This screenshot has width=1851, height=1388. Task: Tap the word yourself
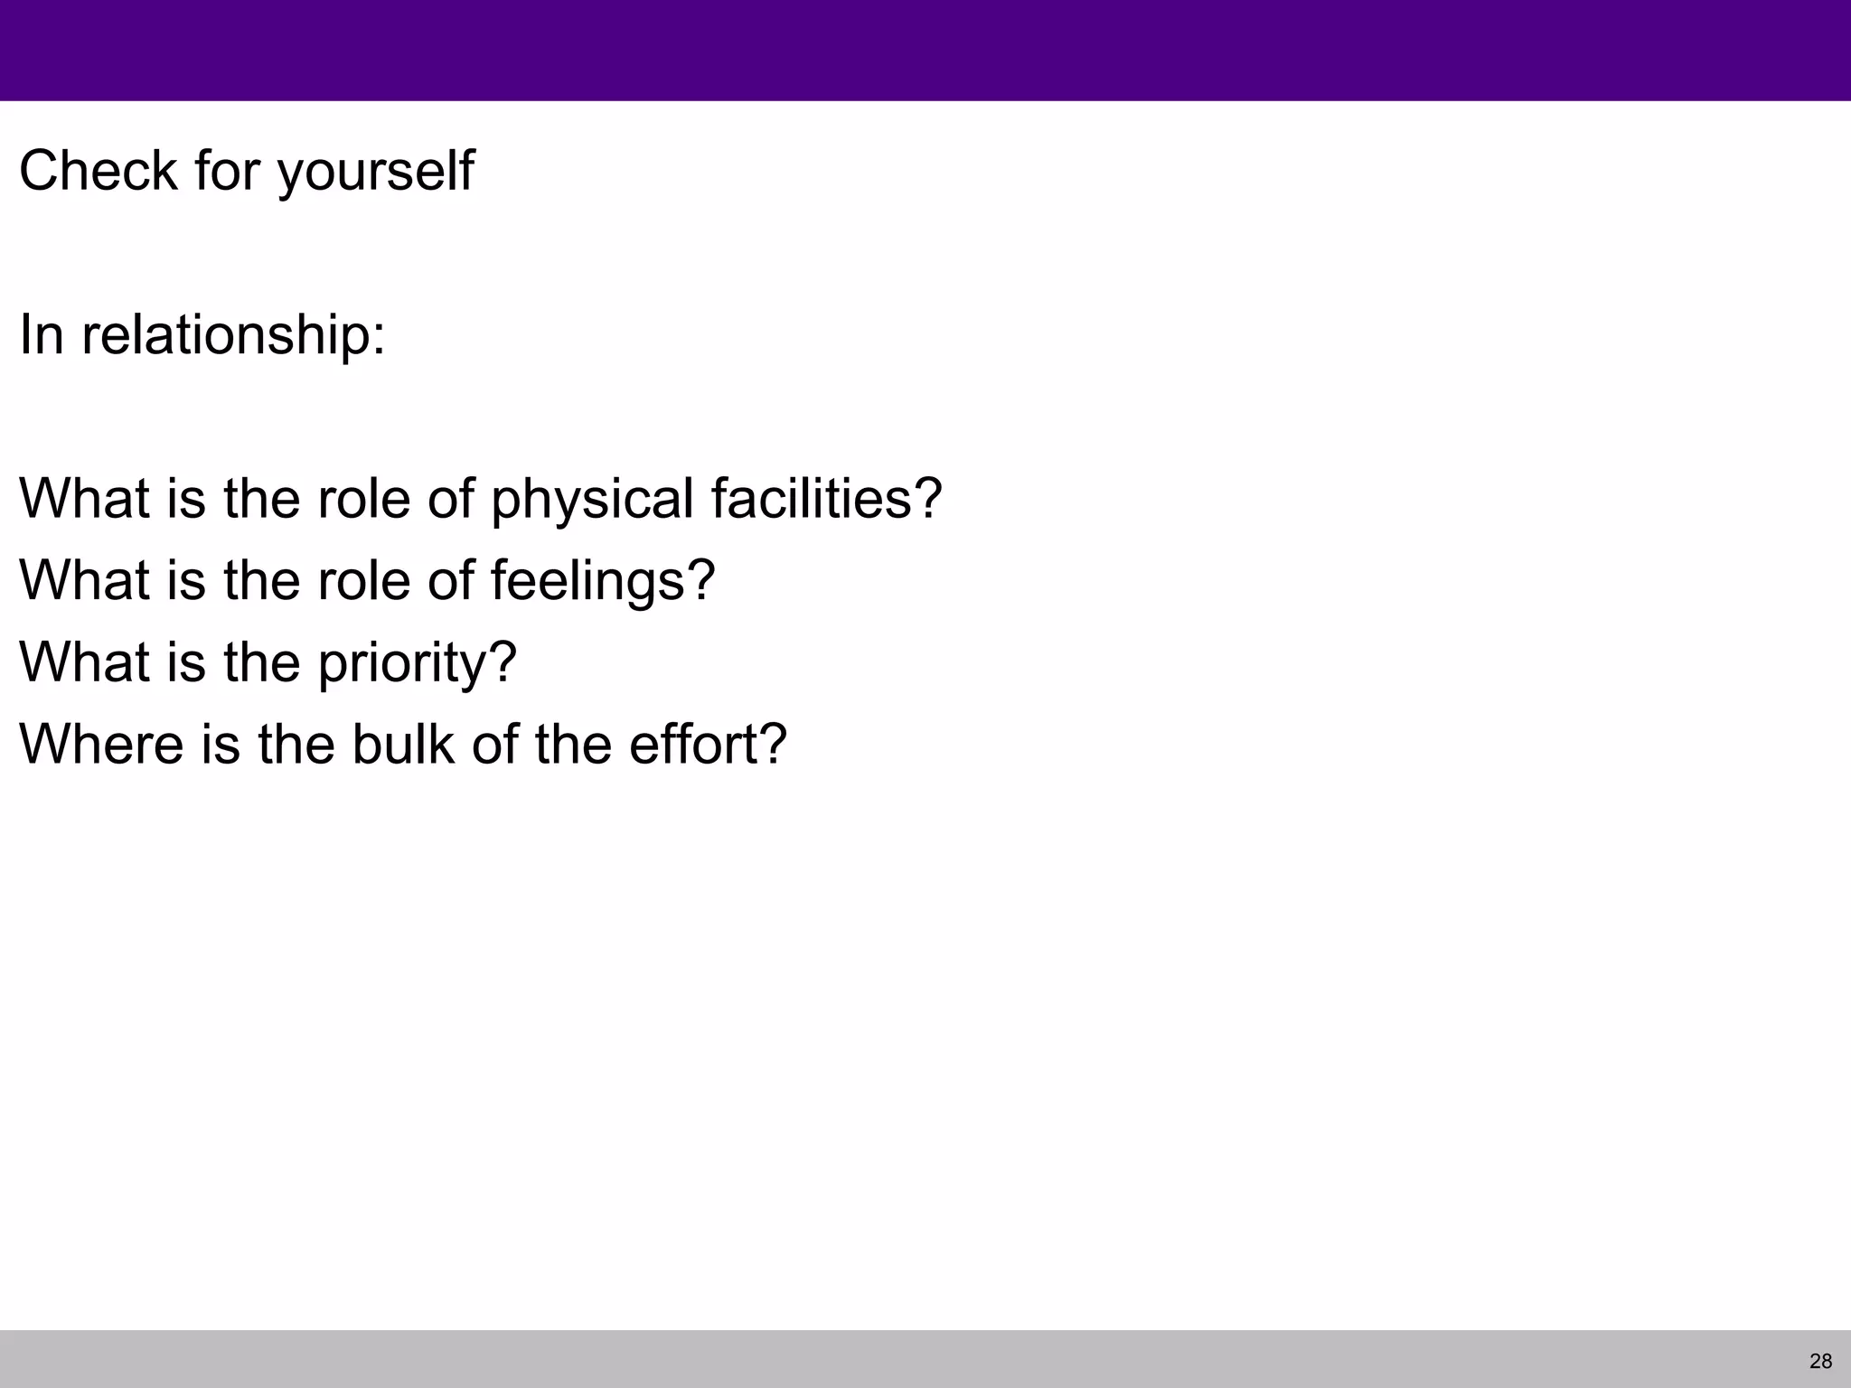(375, 172)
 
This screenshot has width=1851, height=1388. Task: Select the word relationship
(225, 334)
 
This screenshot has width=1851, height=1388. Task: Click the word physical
(592, 499)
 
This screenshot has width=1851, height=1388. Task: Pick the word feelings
(591, 580)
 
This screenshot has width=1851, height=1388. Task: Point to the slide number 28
(1821, 1361)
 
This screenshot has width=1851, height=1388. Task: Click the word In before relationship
(42, 334)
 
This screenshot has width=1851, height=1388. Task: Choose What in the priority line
(84, 662)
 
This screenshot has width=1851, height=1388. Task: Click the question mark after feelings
(701, 580)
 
